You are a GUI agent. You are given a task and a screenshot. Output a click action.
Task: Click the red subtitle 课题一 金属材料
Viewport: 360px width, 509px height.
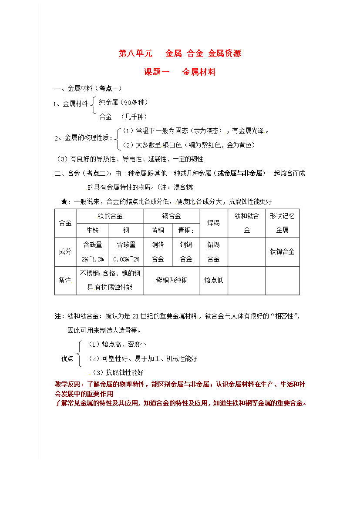(180, 72)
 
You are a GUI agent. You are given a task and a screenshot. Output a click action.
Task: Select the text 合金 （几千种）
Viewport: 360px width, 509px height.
(123, 117)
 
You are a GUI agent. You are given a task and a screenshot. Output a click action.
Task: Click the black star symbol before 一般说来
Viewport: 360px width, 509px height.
(64, 201)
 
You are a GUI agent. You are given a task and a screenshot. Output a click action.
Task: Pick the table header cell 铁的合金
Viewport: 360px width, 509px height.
(110, 216)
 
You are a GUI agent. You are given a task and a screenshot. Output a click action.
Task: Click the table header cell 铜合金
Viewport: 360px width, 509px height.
(172, 216)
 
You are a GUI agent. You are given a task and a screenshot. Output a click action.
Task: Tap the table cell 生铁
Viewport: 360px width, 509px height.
(93, 230)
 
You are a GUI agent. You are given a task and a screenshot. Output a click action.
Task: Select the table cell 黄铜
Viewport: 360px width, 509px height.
(158, 230)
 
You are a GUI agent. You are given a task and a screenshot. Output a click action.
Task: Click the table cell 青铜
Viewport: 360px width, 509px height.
(186, 230)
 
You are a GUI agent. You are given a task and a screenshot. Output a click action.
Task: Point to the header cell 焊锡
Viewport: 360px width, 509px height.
(214, 223)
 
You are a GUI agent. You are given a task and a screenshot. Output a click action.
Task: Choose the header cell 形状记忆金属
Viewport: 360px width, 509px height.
(282, 223)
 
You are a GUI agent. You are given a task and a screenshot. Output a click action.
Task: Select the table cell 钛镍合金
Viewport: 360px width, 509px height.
(282, 251)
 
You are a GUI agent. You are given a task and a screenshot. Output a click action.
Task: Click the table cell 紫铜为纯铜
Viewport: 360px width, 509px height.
(172, 280)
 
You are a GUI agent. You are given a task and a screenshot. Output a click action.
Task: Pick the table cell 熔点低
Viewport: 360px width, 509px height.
(214, 280)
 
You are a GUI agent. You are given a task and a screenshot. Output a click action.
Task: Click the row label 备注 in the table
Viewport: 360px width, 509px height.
(65, 280)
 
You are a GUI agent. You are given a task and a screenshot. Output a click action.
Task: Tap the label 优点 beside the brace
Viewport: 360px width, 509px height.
(67, 358)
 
